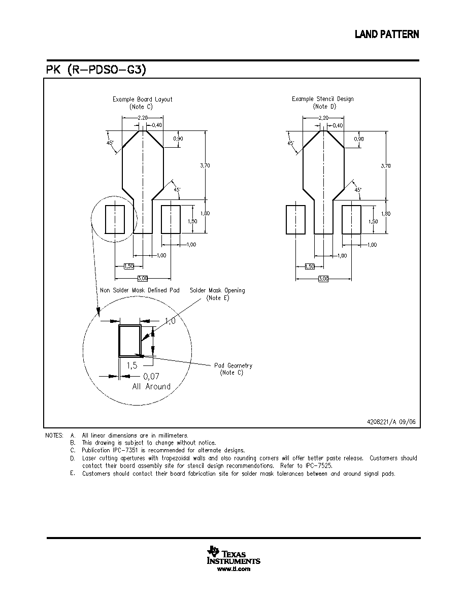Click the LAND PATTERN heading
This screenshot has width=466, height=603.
[x=387, y=34]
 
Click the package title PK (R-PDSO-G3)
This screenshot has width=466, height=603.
[x=96, y=70]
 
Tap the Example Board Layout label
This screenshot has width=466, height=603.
[x=142, y=99]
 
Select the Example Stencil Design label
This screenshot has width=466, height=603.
[x=322, y=99]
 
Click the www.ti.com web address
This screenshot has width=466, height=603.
[x=234, y=569]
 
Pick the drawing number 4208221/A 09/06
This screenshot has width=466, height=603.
[x=391, y=421]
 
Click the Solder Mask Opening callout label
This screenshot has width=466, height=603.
[x=217, y=290]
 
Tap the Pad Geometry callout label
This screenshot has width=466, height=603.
[x=233, y=365]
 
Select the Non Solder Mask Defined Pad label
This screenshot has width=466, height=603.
[x=140, y=290]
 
